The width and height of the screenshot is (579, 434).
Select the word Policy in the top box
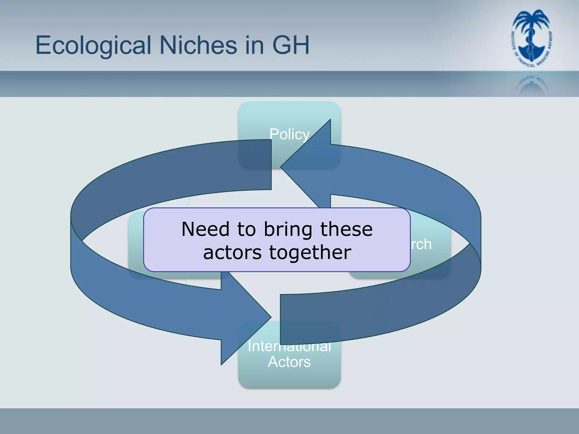tap(289, 134)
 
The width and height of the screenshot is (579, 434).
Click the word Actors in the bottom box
tap(289, 362)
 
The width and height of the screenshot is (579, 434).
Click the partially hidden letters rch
tap(421, 244)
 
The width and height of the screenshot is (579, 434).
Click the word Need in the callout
tap(205, 229)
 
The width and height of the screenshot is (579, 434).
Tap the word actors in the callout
tap(232, 253)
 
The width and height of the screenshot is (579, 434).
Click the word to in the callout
tap(246, 229)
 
